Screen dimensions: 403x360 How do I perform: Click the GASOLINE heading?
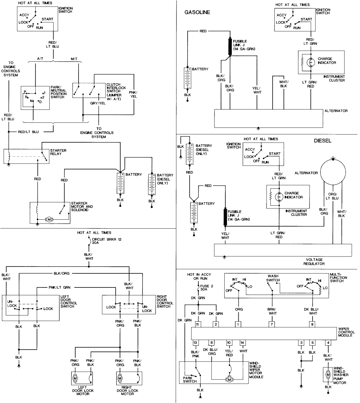197,12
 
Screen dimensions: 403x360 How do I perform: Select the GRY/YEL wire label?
98,103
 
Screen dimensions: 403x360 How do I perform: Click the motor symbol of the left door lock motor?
76,378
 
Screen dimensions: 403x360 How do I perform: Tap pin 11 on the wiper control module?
197,324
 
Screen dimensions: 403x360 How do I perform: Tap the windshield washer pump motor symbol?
328,375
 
